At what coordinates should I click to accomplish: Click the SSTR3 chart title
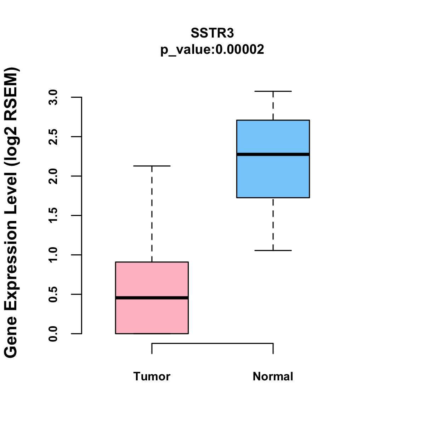point(212,33)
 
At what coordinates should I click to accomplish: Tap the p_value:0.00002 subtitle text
point(212,50)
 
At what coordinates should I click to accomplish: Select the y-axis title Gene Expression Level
point(11,212)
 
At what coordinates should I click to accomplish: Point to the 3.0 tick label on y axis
point(53,97)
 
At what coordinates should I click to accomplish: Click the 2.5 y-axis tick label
point(53,137)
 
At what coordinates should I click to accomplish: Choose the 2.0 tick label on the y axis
point(53,176)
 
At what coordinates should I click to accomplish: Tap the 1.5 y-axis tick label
point(53,215)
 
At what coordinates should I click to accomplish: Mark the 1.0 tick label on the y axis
point(53,255)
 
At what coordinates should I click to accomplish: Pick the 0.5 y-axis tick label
point(53,294)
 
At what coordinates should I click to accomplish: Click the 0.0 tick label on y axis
point(53,334)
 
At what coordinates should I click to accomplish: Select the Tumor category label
point(152,376)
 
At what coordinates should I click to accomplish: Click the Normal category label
point(273,376)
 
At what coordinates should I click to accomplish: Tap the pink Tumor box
point(152,280)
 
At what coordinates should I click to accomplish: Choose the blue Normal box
point(273,177)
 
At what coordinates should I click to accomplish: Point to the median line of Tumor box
point(152,298)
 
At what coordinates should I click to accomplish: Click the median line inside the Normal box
point(273,154)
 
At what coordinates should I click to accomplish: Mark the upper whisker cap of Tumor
point(152,166)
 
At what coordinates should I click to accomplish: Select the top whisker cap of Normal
point(273,91)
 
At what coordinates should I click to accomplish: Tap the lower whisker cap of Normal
point(273,250)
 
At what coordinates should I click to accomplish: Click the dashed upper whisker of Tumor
point(152,212)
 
